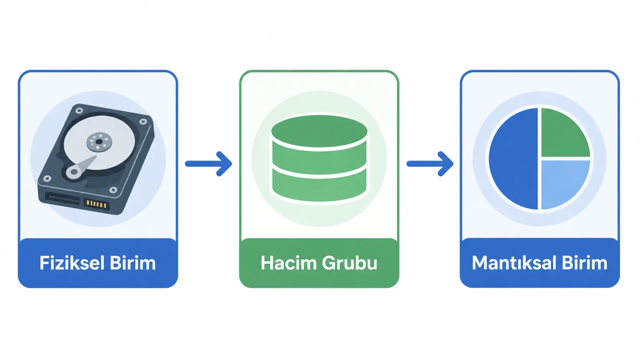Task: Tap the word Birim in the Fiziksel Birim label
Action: point(133,263)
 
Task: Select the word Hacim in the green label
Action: point(289,263)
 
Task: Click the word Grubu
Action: point(350,263)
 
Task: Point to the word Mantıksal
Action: point(514,263)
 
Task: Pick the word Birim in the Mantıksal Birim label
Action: point(584,263)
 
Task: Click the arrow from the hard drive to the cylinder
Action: point(209,164)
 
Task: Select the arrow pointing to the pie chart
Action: point(430,164)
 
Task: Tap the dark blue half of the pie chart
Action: point(513,159)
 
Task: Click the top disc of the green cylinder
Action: point(319,131)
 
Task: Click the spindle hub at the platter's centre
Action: point(99,142)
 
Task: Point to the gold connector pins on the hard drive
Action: point(96,204)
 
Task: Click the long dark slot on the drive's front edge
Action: point(63,198)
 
